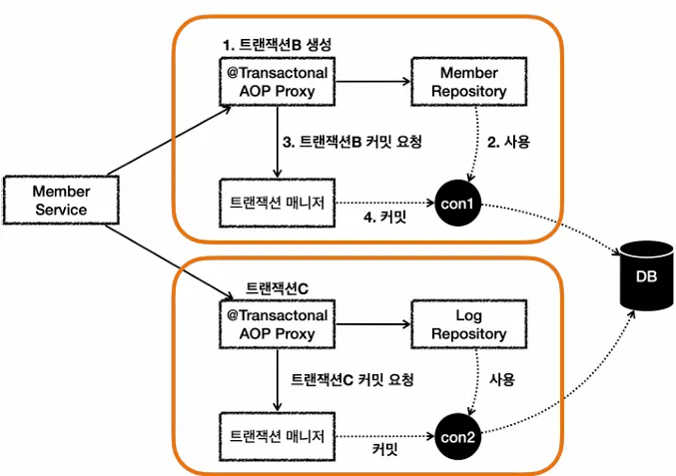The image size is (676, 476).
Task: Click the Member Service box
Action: [61, 201]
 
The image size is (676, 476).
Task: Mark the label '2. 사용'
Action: [508, 143]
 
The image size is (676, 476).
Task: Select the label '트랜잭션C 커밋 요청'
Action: [351, 380]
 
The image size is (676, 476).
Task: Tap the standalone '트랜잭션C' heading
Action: [277, 288]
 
